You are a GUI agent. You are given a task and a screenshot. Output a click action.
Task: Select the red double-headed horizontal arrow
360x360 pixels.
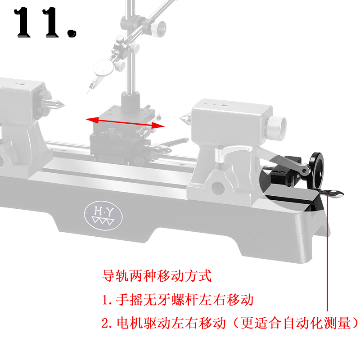[125, 122]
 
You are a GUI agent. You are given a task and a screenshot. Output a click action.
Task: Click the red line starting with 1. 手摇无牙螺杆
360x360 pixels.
[178, 299]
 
